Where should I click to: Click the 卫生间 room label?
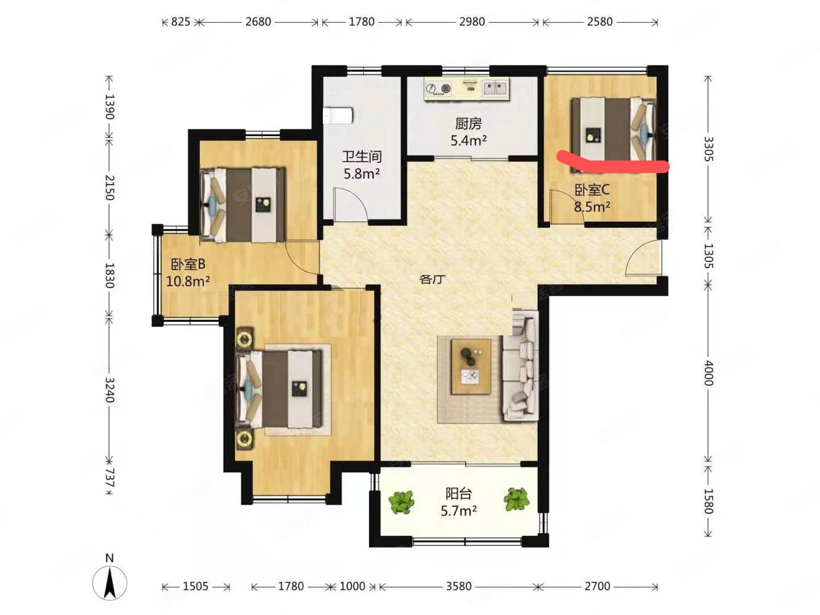click(x=361, y=156)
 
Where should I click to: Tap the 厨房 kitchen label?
click(x=468, y=124)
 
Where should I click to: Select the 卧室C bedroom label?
click(x=592, y=190)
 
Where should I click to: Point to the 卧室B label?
click(x=188, y=264)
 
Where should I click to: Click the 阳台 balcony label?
click(x=458, y=494)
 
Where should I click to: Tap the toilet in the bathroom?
click(x=337, y=116)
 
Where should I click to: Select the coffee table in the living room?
click(x=471, y=367)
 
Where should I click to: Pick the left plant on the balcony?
click(x=401, y=501)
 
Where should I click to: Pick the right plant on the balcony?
click(x=516, y=499)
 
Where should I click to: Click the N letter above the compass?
click(x=109, y=558)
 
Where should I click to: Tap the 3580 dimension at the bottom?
click(x=458, y=586)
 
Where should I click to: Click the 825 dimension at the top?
click(x=181, y=22)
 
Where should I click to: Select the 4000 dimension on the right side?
click(x=708, y=373)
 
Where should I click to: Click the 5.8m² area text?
click(x=361, y=173)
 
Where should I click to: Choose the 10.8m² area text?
click(x=187, y=281)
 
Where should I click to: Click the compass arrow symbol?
click(x=109, y=583)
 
